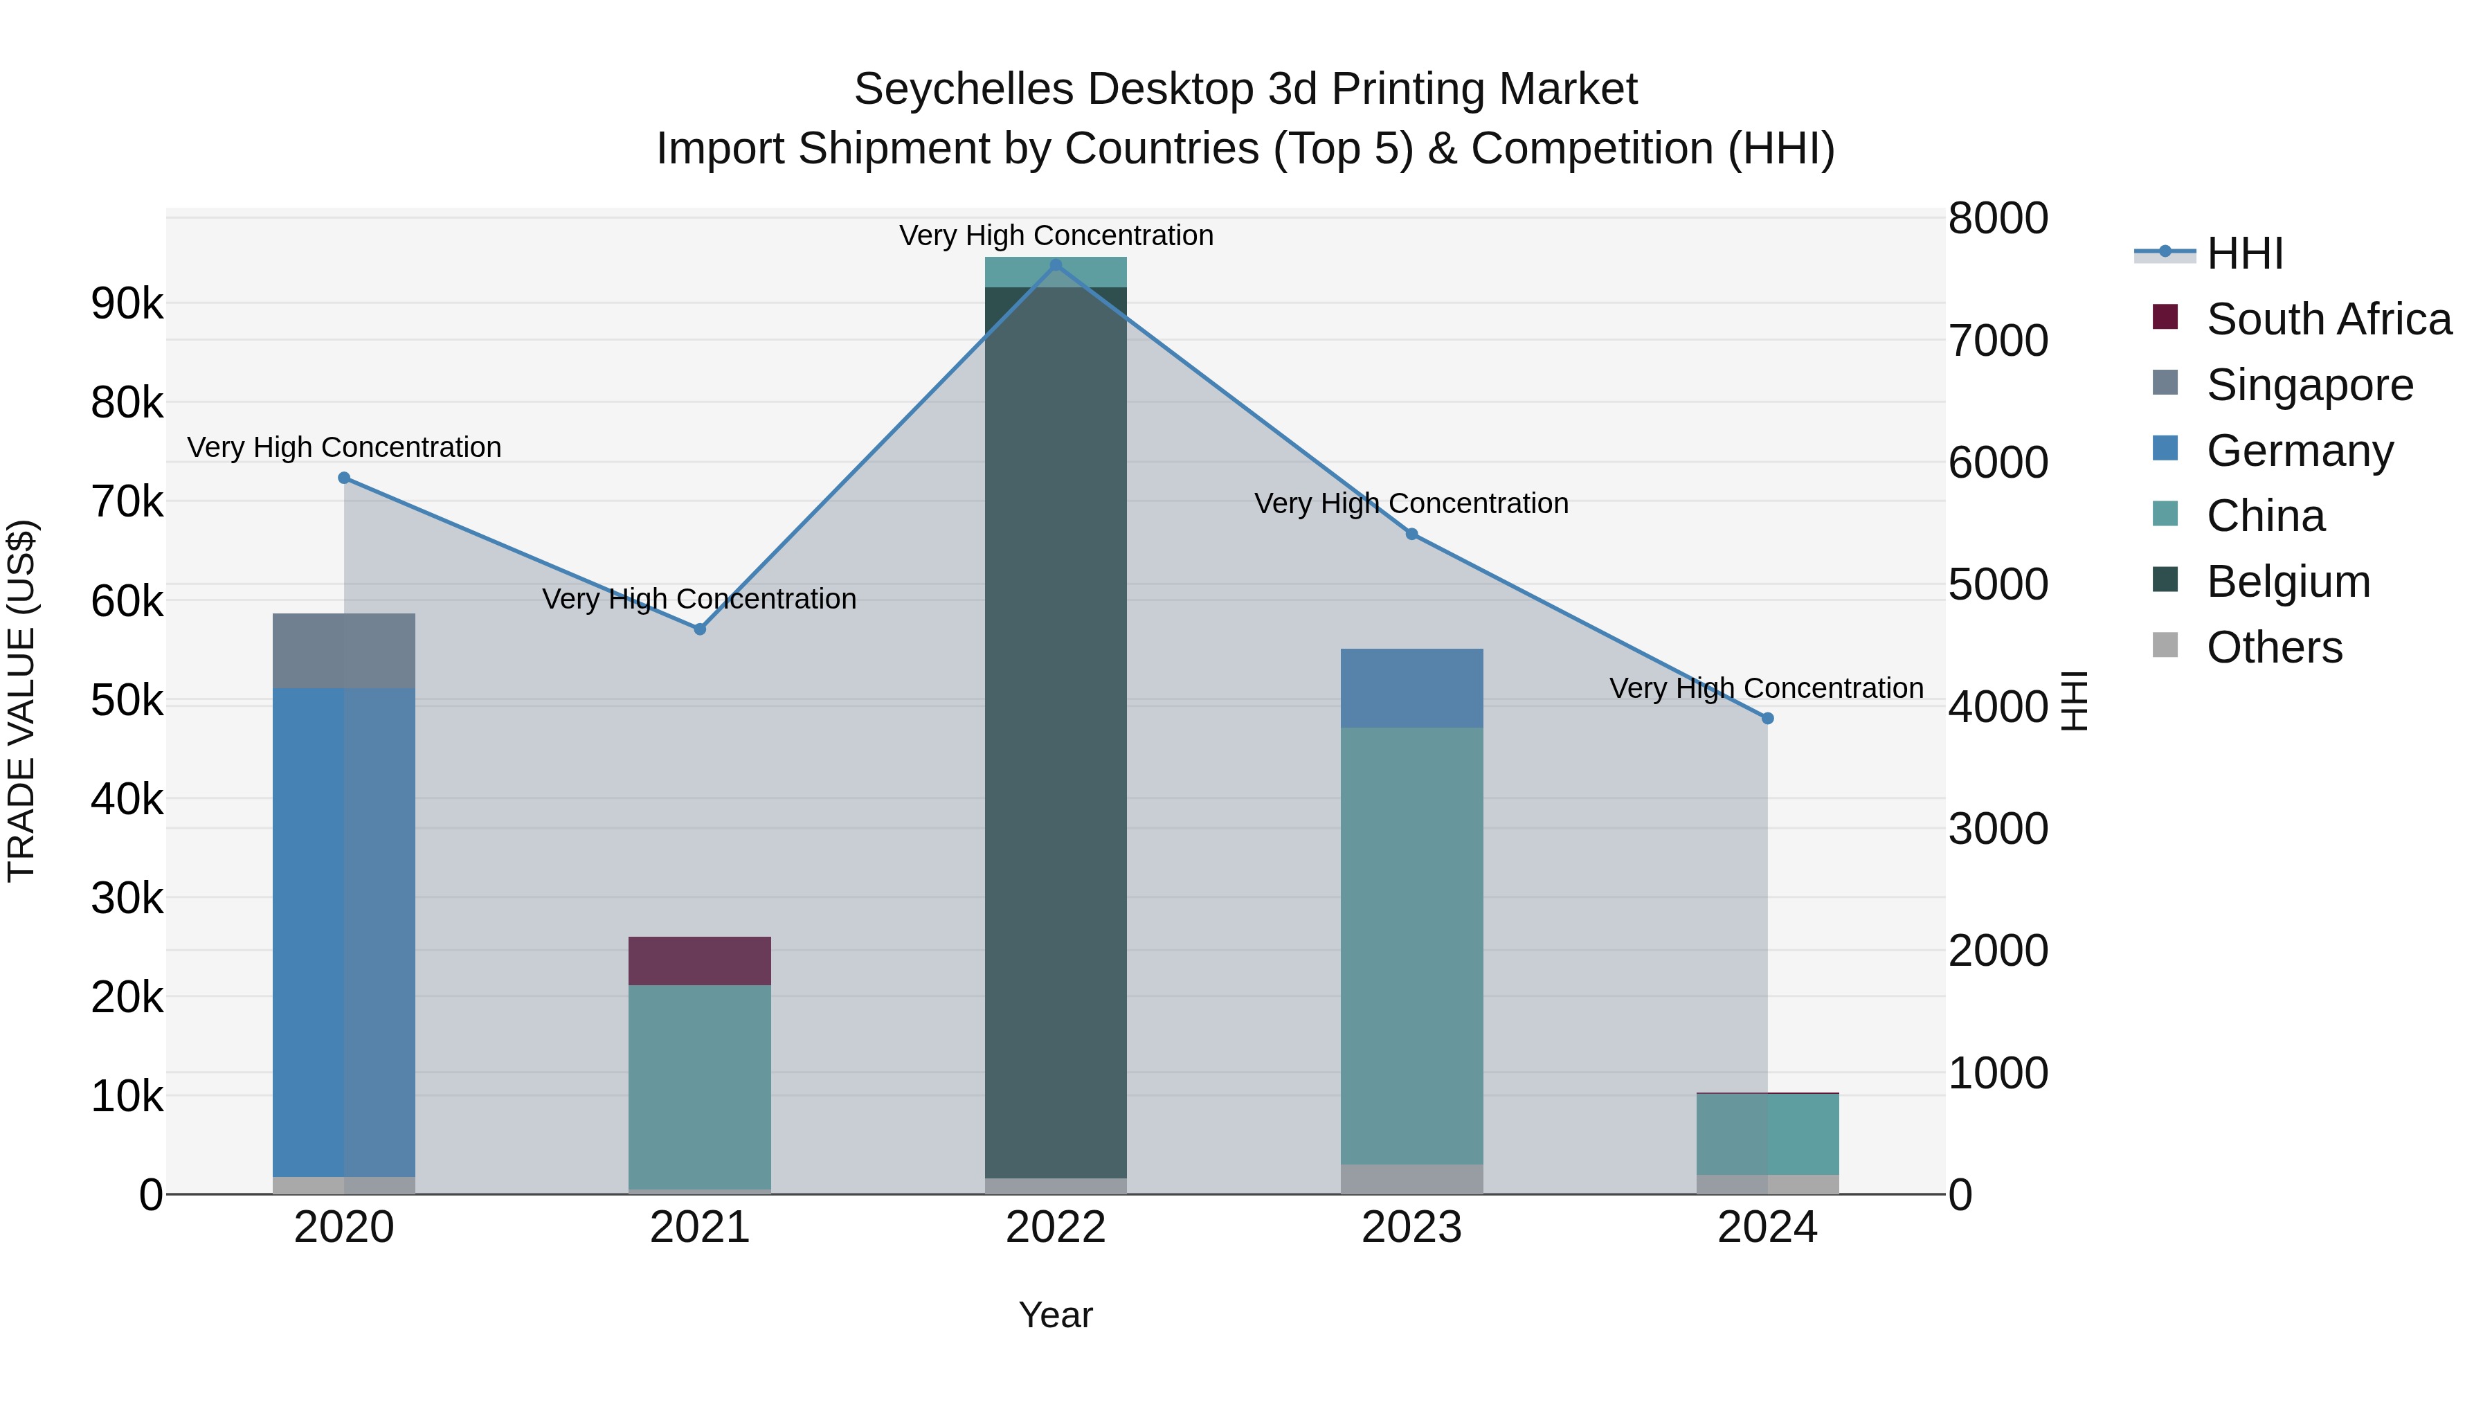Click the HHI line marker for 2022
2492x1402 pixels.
click(x=1056, y=265)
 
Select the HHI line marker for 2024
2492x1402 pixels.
click(x=1767, y=719)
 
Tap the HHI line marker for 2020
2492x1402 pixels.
click(x=345, y=478)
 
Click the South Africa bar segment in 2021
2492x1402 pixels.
click(x=699, y=961)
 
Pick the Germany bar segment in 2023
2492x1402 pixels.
click(x=1411, y=688)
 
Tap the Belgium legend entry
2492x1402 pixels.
click(x=2288, y=582)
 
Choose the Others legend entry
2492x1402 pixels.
click(x=2273, y=647)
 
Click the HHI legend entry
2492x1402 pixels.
click(x=2244, y=253)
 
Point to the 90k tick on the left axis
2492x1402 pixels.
click(x=127, y=304)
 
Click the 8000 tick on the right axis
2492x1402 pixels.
click(x=1998, y=219)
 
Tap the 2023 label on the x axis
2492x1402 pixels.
click(x=1411, y=1228)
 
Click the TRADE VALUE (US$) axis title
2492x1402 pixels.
click(x=21, y=701)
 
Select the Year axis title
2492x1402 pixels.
click(x=1056, y=1315)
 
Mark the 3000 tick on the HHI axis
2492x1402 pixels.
click(x=1998, y=829)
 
